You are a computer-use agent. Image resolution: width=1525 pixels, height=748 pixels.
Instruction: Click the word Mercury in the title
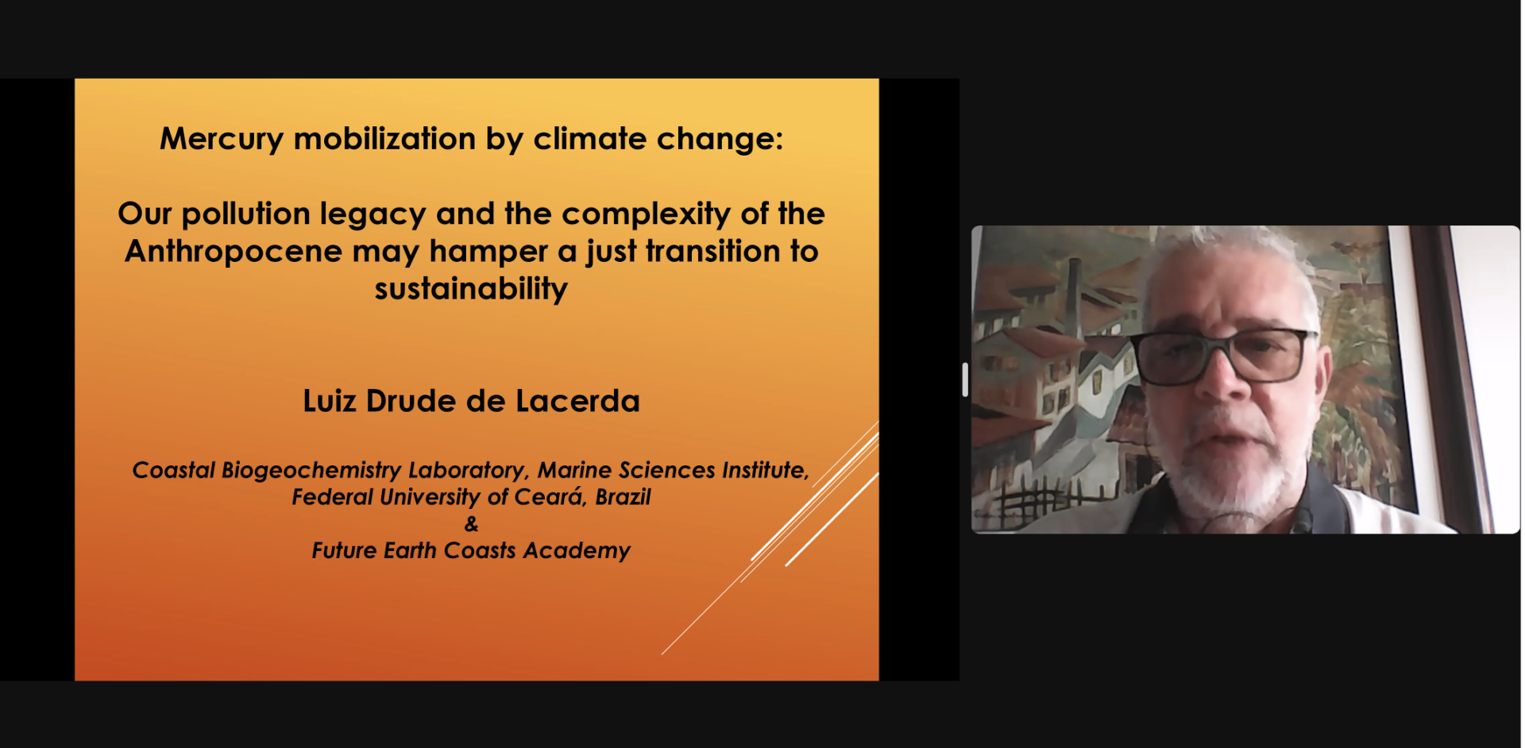tap(222, 140)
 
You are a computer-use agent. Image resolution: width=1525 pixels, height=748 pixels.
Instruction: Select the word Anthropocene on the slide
tap(234, 253)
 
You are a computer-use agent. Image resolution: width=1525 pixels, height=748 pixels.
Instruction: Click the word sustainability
tap(471, 289)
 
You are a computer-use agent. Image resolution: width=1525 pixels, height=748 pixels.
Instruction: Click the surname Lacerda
tap(577, 401)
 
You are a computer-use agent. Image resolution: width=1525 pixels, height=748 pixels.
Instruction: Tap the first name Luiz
tap(329, 401)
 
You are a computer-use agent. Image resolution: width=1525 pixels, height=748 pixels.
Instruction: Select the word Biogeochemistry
tap(311, 471)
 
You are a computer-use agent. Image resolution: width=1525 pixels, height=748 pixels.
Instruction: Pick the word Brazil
tap(623, 497)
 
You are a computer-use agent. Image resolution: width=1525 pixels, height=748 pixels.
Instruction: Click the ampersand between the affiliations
tap(471, 524)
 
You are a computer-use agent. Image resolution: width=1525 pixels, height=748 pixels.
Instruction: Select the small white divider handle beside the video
tap(965, 380)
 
